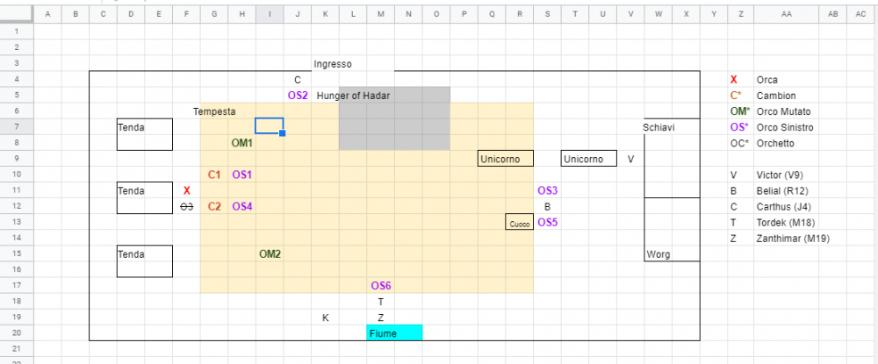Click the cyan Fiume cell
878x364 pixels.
pos(394,333)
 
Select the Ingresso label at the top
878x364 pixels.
pos(333,64)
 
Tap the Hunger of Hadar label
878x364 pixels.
pos(353,96)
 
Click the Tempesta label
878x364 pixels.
pos(214,111)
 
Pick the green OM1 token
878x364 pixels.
pos(241,143)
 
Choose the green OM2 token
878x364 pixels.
pos(270,254)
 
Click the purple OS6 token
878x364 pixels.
pos(380,286)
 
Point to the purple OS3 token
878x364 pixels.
pos(547,190)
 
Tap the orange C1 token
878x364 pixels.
pos(214,175)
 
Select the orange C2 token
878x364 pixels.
pos(214,206)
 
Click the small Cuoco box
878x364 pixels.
pos(519,224)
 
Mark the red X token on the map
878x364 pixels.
pos(186,190)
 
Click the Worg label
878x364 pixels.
pos(658,254)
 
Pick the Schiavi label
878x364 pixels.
pos(658,127)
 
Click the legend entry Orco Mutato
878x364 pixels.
pos(783,111)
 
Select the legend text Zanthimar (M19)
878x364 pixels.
pos(793,239)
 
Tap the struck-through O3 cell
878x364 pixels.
pos(186,206)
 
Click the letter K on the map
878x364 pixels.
pos(326,318)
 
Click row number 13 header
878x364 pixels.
pos(15,223)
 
